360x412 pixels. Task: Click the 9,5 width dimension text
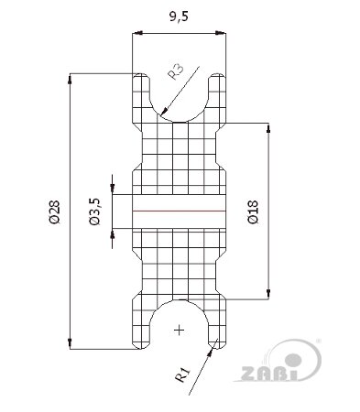click(x=179, y=16)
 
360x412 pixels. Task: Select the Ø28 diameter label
click(x=55, y=211)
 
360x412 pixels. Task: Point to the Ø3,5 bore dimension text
click(x=94, y=211)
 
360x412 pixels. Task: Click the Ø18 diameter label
click(x=253, y=211)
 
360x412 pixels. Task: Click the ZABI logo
click(x=278, y=361)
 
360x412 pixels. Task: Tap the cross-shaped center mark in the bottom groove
click(x=179, y=331)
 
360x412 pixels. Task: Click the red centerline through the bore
click(x=179, y=211)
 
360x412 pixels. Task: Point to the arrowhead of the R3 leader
click(x=164, y=111)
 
